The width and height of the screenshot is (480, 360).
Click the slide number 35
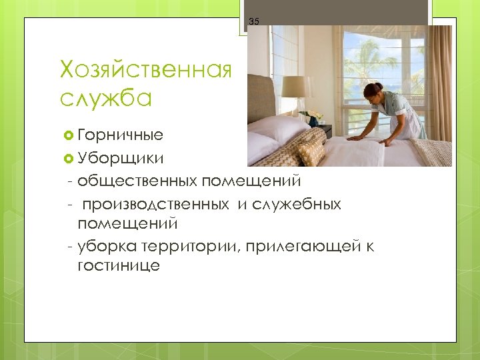(x=254, y=22)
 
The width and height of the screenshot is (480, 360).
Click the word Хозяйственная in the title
(x=145, y=69)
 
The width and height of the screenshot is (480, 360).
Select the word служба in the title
(x=106, y=98)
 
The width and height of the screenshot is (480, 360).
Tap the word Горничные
(x=120, y=135)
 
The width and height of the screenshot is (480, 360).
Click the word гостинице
(x=118, y=265)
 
